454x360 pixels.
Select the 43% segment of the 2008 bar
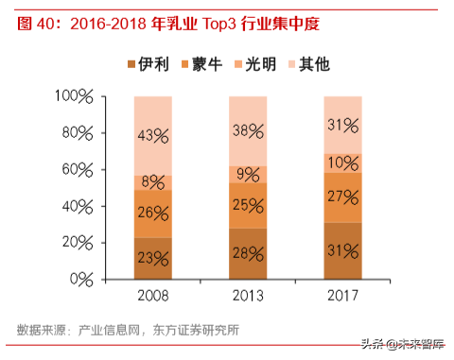(x=152, y=135)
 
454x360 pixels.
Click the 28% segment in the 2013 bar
(x=247, y=253)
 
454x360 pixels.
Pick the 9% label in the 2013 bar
(x=247, y=174)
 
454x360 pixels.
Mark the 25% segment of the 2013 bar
(x=247, y=205)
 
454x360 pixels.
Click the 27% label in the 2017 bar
(x=342, y=197)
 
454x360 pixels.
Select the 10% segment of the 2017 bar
(x=342, y=163)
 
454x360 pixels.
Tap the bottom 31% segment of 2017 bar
(x=342, y=250)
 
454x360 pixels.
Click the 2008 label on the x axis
(x=152, y=297)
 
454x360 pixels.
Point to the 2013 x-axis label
(x=247, y=297)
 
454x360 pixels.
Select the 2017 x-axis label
(x=342, y=297)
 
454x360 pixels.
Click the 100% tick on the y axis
(x=74, y=96)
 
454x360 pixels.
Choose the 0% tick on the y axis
(x=81, y=280)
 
